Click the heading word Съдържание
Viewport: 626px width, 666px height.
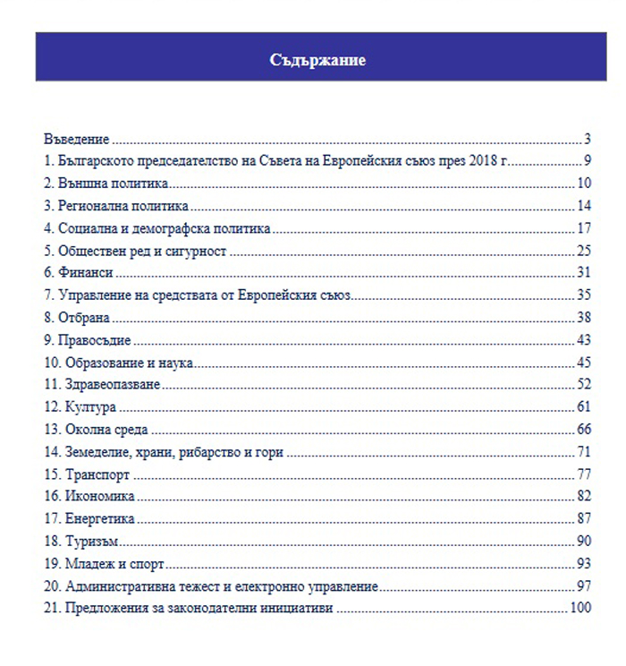317,60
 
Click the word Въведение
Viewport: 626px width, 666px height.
77,139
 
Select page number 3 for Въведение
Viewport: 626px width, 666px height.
588,139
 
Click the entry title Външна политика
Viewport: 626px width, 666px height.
113,184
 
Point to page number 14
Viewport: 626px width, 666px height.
585,206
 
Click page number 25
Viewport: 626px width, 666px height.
585,251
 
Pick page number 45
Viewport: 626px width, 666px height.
585,363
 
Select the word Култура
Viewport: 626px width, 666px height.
90,407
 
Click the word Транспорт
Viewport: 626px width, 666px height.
97,474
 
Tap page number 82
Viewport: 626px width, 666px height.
585,497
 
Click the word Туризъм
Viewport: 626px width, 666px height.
92,542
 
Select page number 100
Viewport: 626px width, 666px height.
581,609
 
